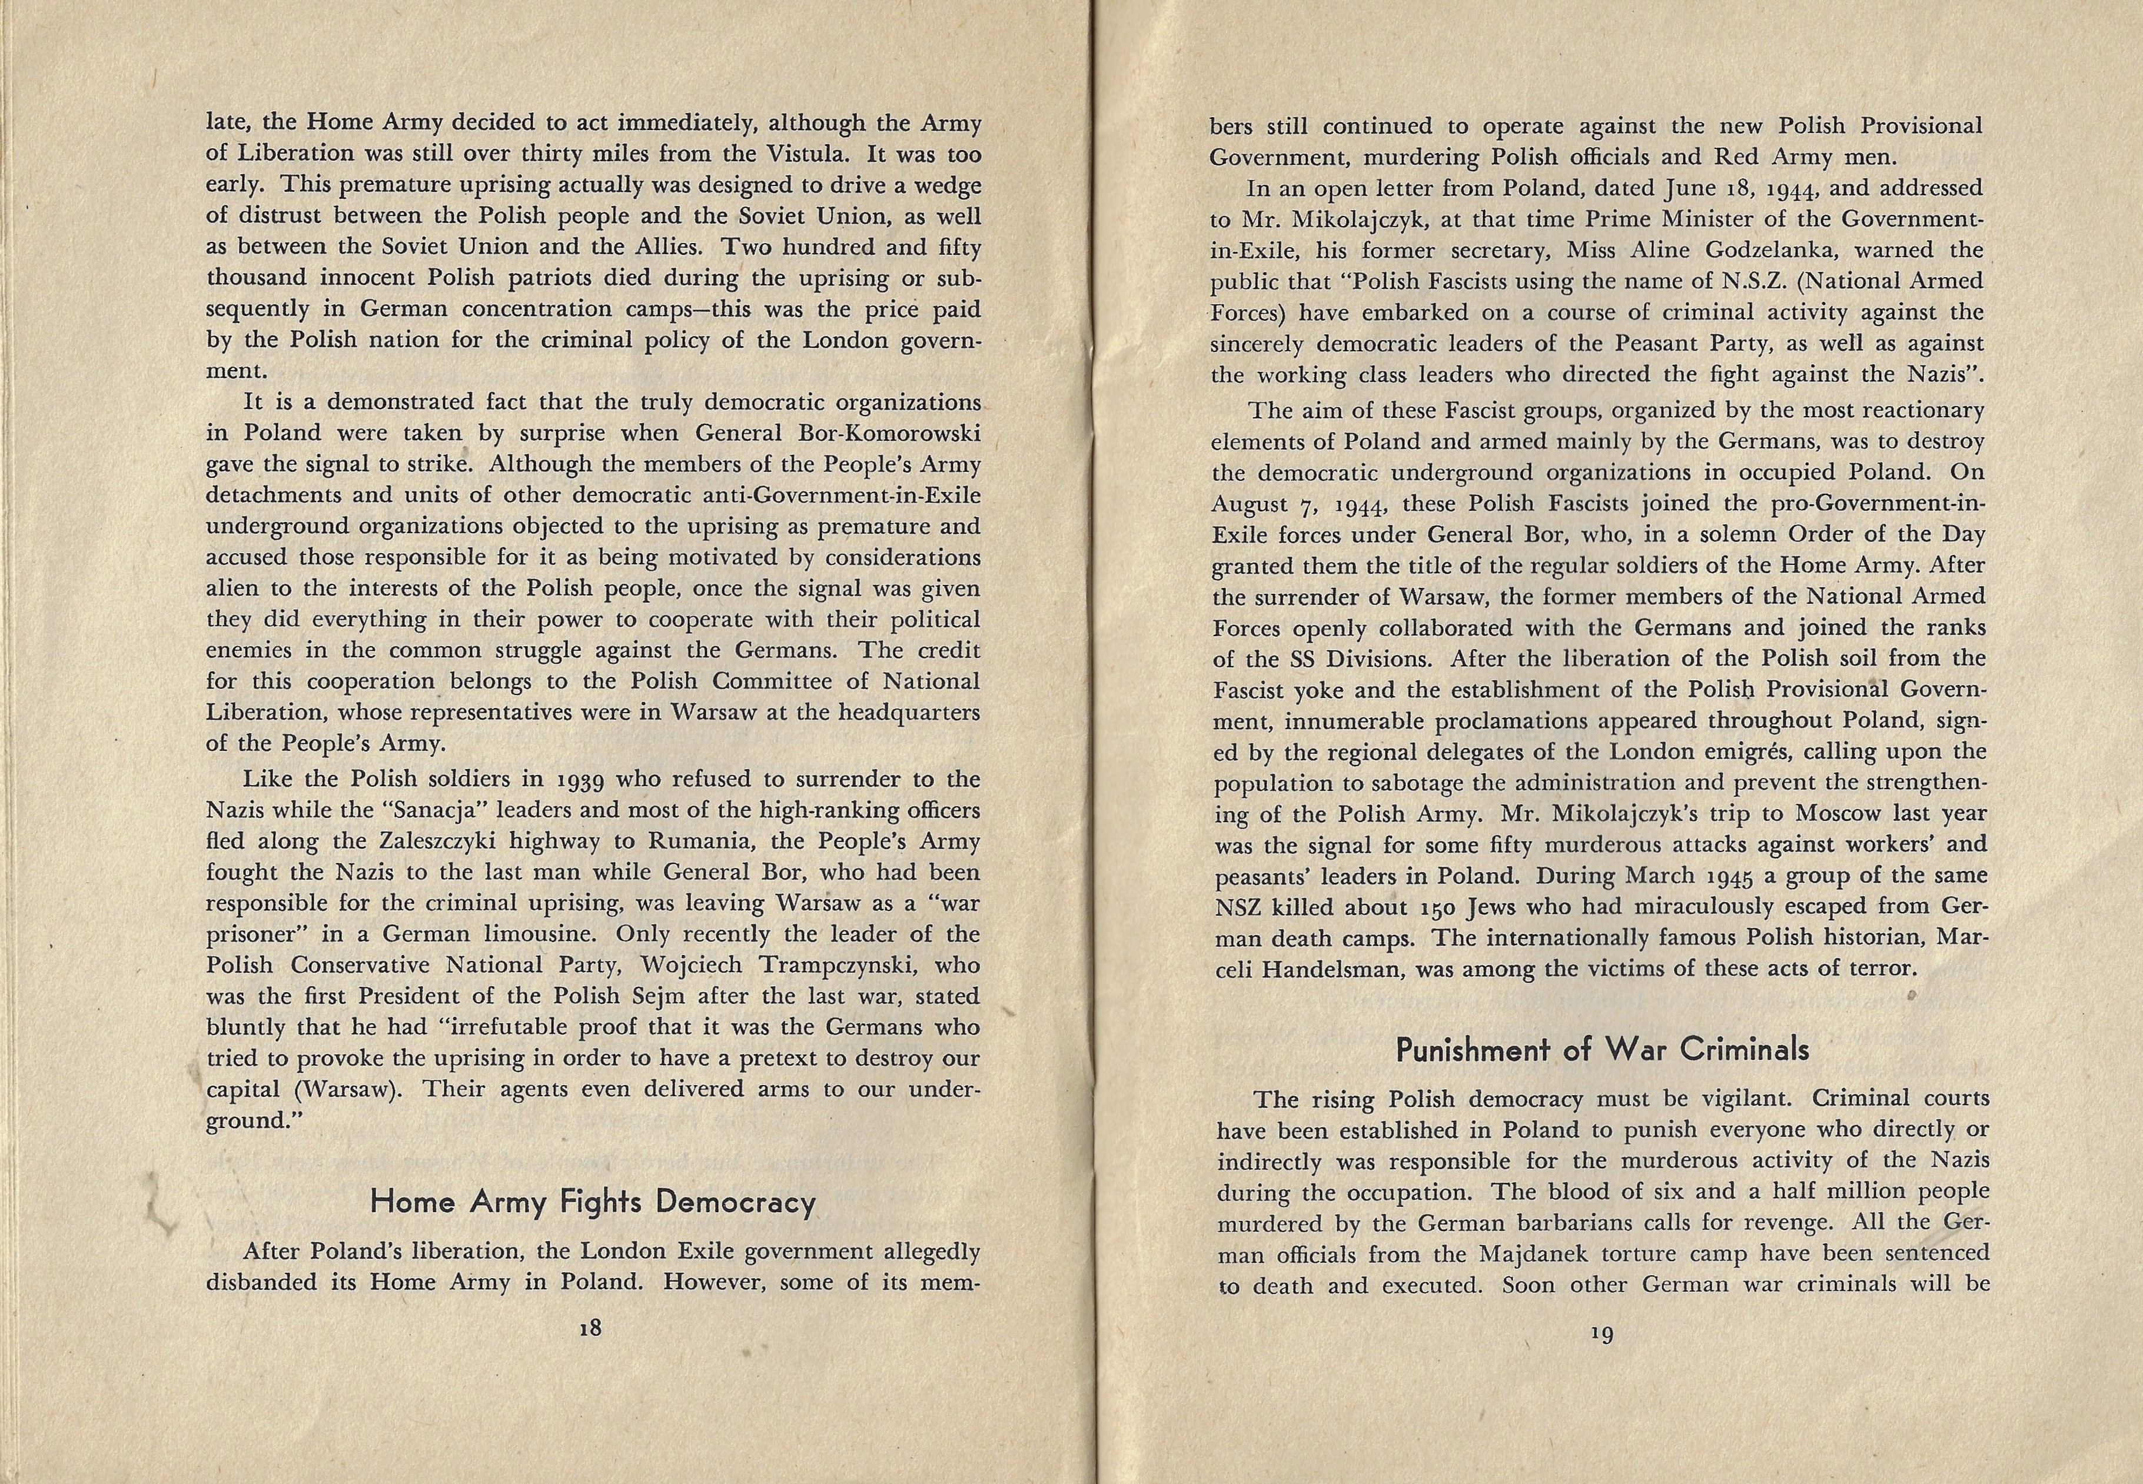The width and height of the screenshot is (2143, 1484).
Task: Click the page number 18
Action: coord(590,1329)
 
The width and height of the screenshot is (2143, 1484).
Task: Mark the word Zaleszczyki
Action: coord(443,841)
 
